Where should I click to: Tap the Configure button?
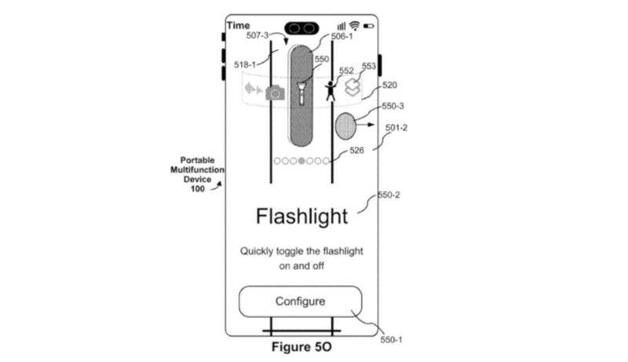300,302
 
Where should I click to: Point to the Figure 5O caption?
301,346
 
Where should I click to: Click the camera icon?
274,93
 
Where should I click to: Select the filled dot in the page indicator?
302,161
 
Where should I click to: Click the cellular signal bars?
341,25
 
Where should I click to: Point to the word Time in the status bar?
239,25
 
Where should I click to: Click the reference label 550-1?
390,340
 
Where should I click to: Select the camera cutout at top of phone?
301,27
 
